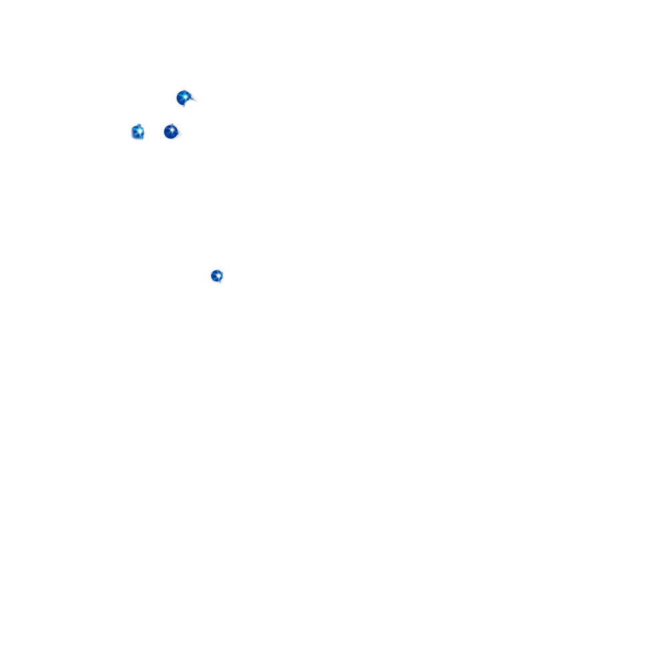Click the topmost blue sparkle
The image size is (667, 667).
(x=183, y=98)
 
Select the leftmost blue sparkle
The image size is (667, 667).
(x=138, y=131)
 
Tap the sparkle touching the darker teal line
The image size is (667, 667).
(x=172, y=131)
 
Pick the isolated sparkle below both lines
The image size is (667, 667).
(x=217, y=277)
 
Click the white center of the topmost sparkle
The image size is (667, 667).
(x=185, y=97)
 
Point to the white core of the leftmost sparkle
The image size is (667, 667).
(x=139, y=131)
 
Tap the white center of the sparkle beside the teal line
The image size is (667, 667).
(x=171, y=129)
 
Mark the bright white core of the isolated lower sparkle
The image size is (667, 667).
(x=218, y=275)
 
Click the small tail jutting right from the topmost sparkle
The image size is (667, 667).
(x=198, y=101)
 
